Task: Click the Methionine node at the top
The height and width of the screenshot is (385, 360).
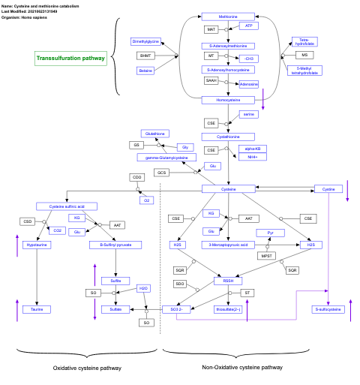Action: pos(229,16)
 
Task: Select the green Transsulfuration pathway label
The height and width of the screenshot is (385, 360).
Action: pos(71,58)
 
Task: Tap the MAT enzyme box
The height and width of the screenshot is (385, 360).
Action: pos(212,29)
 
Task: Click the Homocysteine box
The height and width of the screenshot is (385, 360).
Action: pos(229,99)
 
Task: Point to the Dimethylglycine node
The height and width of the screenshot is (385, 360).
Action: pos(145,41)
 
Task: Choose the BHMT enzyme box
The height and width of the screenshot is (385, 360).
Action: pos(145,55)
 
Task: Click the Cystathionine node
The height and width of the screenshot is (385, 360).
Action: pos(229,137)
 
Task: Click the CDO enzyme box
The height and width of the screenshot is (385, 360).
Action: pos(136,177)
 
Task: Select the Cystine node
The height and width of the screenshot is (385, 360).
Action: pos(328,189)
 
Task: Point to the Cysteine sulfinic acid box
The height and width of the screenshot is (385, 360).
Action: pos(67,206)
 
